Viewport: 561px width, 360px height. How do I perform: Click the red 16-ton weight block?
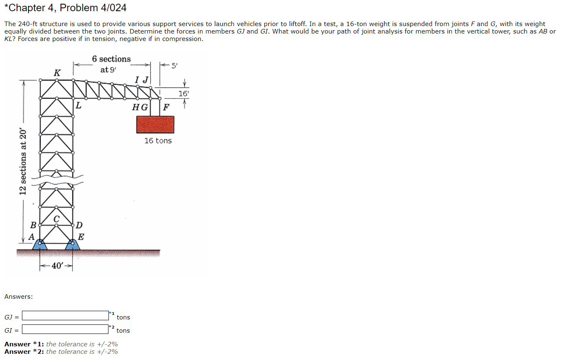155,124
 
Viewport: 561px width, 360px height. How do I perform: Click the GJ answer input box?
65,316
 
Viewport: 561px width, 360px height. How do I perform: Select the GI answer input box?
65,329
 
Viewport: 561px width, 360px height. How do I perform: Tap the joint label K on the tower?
57,73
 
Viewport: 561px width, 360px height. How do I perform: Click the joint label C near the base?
56,218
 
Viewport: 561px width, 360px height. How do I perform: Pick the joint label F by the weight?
166,108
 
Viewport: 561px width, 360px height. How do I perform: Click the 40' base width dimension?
56,266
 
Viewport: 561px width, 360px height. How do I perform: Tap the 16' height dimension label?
183,94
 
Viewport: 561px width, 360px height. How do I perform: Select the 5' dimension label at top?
174,65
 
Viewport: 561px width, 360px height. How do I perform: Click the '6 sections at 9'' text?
111,64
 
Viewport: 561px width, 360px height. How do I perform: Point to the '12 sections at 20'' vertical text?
23,162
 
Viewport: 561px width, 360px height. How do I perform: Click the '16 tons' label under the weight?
158,141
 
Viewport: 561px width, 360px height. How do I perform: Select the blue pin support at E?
73,245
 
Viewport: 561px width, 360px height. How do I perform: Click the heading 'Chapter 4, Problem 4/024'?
65,7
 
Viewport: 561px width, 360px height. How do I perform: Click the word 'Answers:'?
19,296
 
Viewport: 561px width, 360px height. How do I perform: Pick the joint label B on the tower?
33,226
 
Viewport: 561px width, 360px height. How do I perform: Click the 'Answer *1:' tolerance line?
61,344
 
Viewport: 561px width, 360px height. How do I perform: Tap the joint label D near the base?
79,226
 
